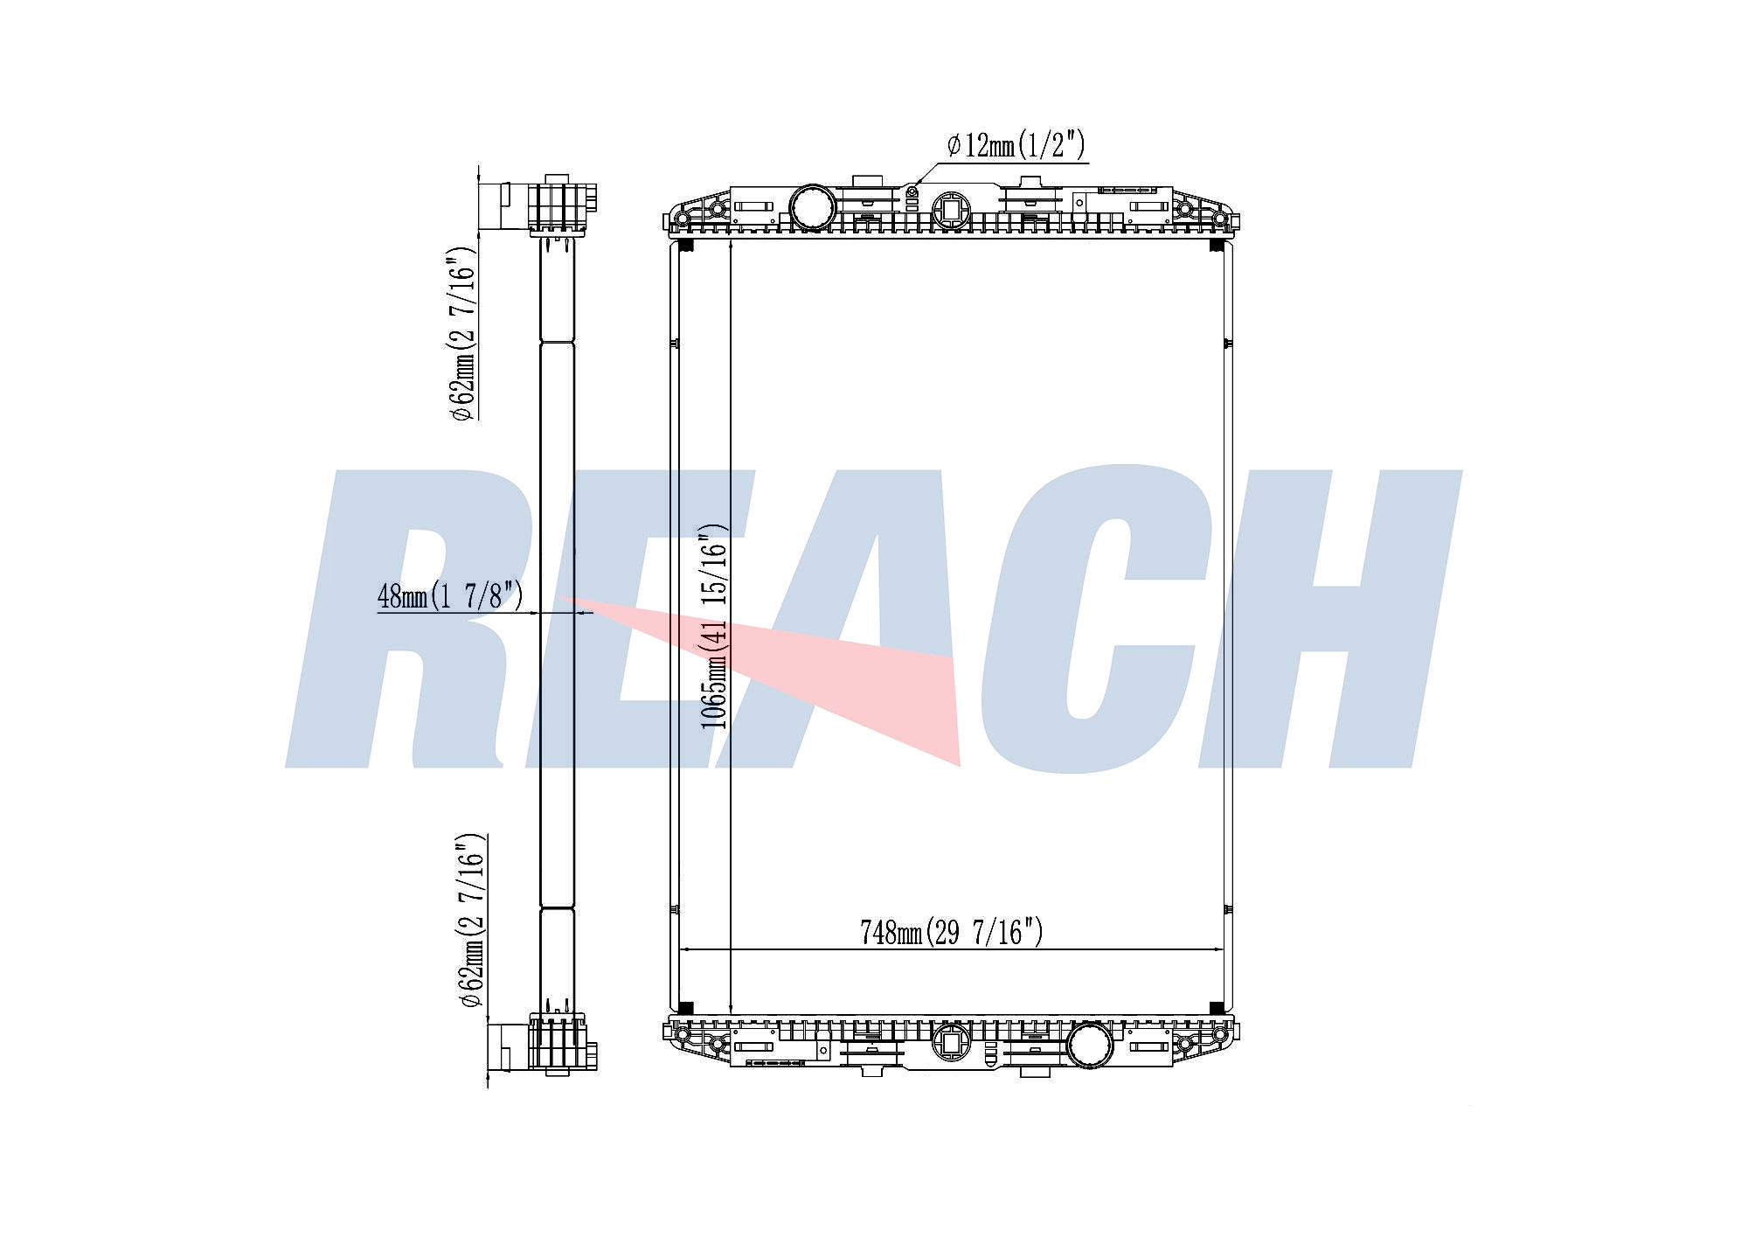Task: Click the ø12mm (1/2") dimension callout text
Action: pyautogui.click(x=1016, y=144)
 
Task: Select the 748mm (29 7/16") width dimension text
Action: pyautogui.click(x=951, y=932)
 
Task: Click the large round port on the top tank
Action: pyautogui.click(x=813, y=208)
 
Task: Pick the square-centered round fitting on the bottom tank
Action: pyautogui.click(x=950, y=1042)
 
